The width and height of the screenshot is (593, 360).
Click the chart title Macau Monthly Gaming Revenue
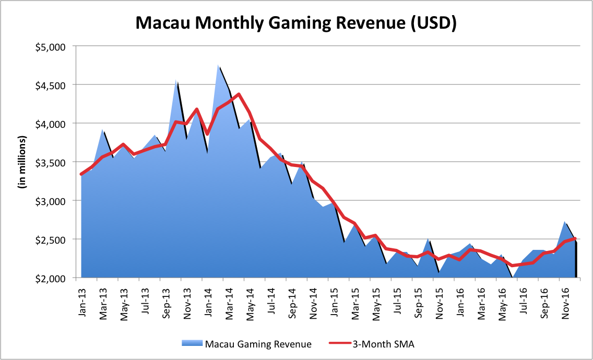296,23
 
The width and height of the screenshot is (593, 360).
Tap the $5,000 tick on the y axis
55,46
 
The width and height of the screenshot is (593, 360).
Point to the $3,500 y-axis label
55,162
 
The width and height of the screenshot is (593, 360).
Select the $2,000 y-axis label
55,278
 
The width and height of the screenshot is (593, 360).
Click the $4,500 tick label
55,85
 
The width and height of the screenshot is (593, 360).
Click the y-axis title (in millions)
23,162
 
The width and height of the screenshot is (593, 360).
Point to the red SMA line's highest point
239,94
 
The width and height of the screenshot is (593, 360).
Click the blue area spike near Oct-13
176,80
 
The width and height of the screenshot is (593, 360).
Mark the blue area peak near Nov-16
565,222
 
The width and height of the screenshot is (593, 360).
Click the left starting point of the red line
81,174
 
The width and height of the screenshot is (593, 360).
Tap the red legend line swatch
340,344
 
